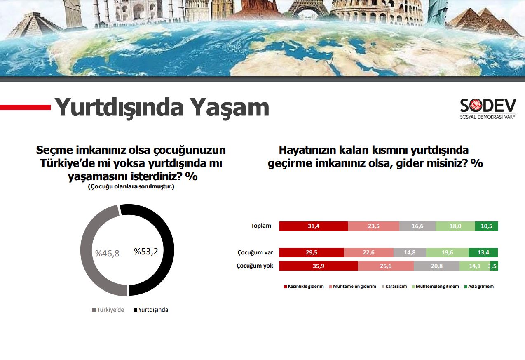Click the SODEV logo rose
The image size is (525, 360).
click(475, 105)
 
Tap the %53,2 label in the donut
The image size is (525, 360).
click(146, 252)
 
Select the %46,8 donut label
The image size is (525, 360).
click(107, 254)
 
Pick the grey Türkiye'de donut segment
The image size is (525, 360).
click(86, 250)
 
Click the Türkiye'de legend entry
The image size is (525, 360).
click(108, 310)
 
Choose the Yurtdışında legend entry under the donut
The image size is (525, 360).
click(151, 310)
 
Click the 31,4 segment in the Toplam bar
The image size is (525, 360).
click(314, 226)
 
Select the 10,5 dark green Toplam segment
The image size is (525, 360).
click(487, 226)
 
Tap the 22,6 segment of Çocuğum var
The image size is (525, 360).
click(369, 253)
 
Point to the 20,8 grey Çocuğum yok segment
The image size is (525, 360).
click(437, 266)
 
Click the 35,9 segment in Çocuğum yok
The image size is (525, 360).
click(319, 266)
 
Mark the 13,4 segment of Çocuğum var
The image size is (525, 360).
click(483, 253)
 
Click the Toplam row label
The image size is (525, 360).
click(261, 226)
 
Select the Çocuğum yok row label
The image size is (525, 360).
click(255, 266)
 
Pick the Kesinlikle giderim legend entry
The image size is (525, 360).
click(304, 286)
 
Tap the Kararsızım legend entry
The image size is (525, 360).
click(394, 286)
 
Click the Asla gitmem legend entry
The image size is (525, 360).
click(479, 286)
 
